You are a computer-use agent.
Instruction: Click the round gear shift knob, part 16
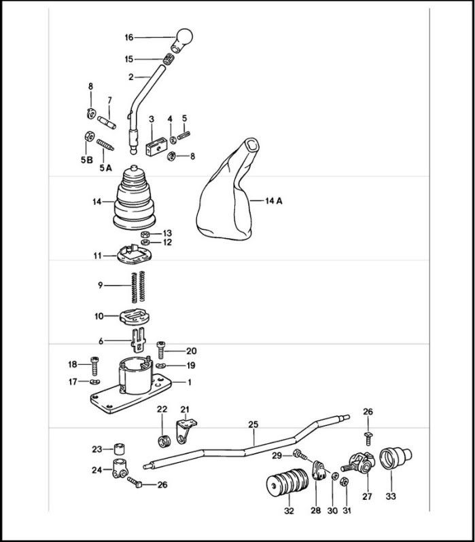(x=182, y=40)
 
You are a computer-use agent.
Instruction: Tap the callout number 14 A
(x=273, y=201)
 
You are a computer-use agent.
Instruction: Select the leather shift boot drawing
(x=228, y=189)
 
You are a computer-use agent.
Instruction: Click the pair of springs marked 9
(x=138, y=287)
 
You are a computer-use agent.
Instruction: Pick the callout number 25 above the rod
(x=253, y=424)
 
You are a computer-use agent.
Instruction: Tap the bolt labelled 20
(x=160, y=350)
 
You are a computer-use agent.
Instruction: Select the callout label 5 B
(x=87, y=160)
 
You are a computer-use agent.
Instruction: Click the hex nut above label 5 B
(x=89, y=136)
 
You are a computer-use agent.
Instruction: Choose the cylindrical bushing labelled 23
(x=119, y=449)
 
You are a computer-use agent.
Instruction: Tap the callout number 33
(x=391, y=497)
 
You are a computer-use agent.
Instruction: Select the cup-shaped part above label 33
(x=395, y=458)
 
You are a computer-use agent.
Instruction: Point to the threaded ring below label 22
(x=164, y=441)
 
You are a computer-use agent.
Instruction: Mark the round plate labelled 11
(x=135, y=255)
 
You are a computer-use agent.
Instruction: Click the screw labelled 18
(x=94, y=366)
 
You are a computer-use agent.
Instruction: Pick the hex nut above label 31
(x=344, y=482)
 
